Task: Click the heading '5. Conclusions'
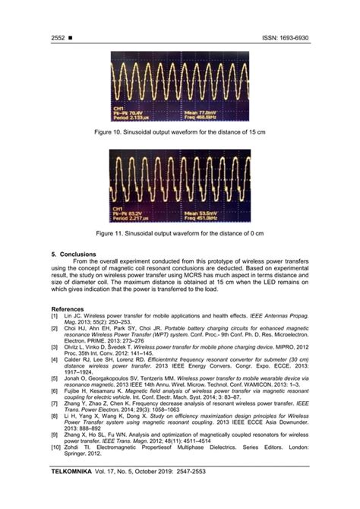point(73,254)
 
